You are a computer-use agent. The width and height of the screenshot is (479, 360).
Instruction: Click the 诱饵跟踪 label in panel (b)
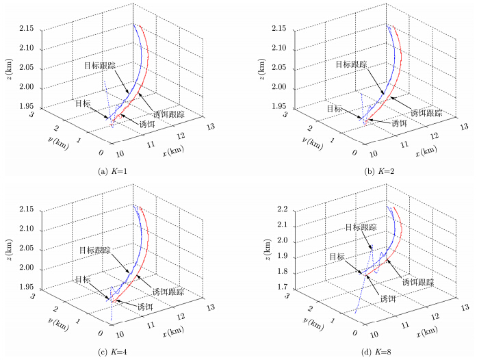pyautogui.click(x=428, y=113)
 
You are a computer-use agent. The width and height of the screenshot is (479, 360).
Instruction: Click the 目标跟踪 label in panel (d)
pyautogui.click(x=360, y=227)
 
